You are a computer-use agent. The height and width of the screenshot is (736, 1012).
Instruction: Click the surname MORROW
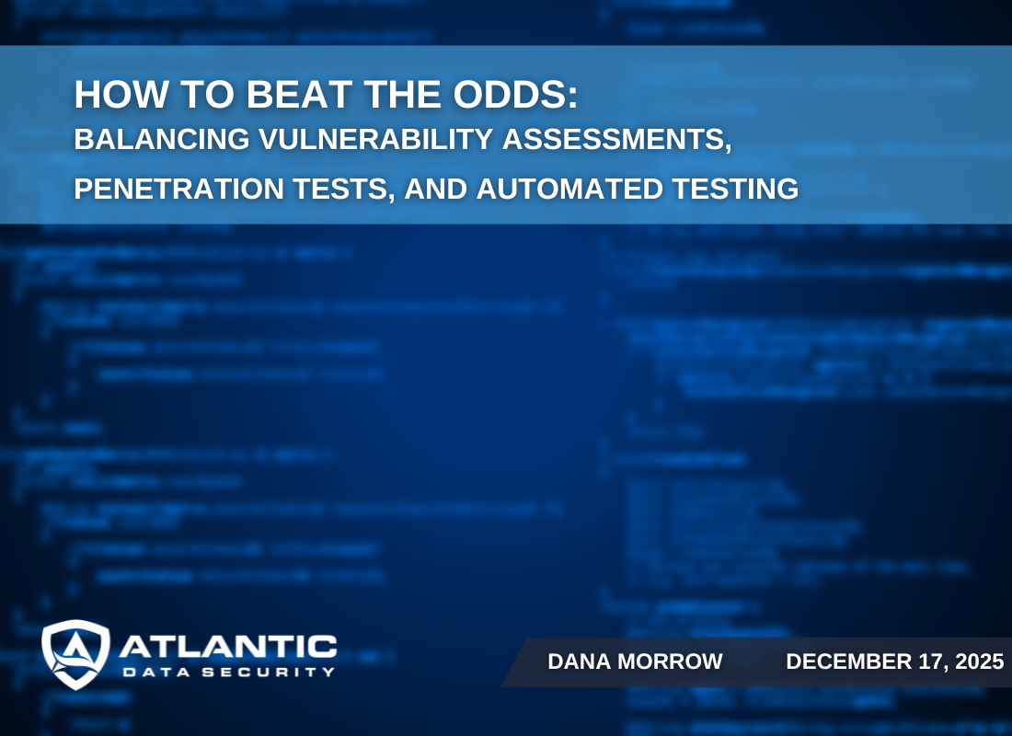click(x=671, y=661)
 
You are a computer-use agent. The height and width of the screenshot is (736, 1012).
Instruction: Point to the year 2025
click(x=977, y=661)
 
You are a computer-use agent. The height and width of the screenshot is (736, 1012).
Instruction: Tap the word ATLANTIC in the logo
click(x=227, y=647)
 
